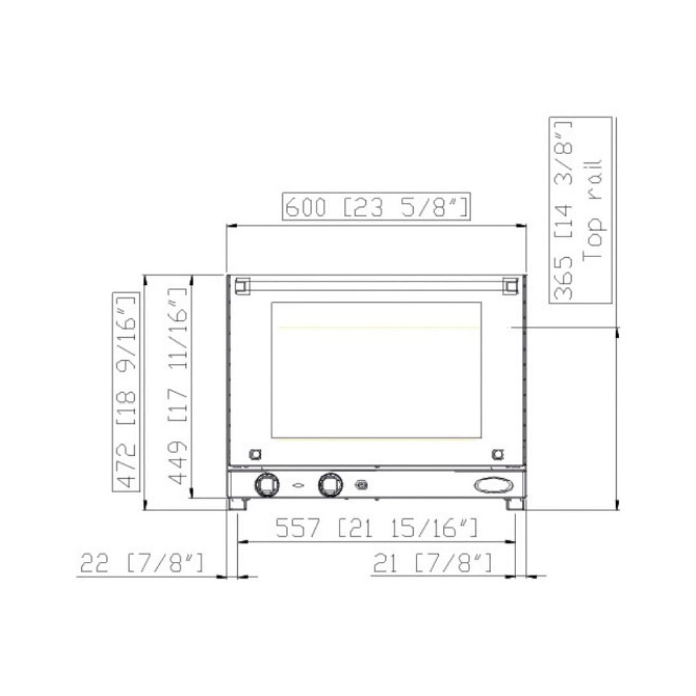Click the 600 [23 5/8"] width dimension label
tap(376, 207)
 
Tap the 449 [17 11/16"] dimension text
tap(178, 385)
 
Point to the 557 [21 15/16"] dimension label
tap(376, 527)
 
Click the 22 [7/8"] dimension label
tap(142, 563)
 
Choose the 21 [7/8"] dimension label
tap(432, 563)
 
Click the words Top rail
tap(592, 209)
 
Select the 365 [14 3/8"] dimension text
tap(563, 209)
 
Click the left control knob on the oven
tap(267, 485)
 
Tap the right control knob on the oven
tap(330, 485)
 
